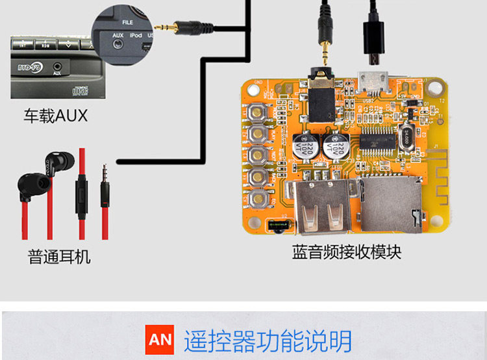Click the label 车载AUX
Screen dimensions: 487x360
(x=55, y=116)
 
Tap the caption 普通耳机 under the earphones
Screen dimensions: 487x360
(x=59, y=257)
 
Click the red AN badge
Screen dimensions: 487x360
(x=160, y=340)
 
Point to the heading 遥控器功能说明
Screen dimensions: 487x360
(x=268, y=341)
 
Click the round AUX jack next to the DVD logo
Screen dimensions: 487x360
(x=59, y=66)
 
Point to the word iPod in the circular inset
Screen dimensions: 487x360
(x=136, y=34)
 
